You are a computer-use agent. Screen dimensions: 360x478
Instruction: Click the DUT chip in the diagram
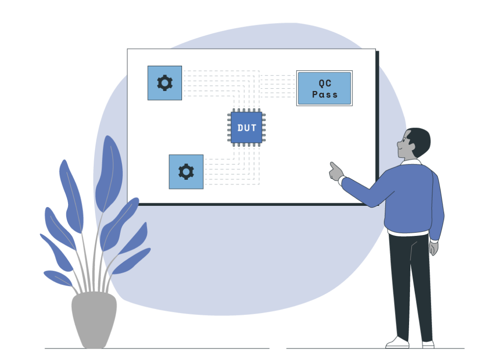click(247, 128)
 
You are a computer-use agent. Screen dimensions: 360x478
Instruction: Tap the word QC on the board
click(325, 83)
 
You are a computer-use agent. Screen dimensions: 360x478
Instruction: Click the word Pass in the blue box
click(325, 95)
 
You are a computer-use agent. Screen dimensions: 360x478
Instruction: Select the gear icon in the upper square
click(165, 83)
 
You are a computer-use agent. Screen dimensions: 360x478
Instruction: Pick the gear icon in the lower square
click(186, 172)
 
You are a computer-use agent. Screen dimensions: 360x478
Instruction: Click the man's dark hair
click(420, 139)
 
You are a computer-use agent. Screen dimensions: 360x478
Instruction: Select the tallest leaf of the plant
click(108, 172)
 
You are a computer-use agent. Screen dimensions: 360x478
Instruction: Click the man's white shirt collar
click(411, 163)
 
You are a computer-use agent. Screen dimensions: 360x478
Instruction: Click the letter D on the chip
click(240, 128)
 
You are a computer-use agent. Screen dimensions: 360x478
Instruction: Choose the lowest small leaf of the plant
click(57, 278)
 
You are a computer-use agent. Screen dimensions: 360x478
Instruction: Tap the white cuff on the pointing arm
click(341, 180)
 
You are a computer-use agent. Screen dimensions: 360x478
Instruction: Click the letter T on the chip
click(254, 128)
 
